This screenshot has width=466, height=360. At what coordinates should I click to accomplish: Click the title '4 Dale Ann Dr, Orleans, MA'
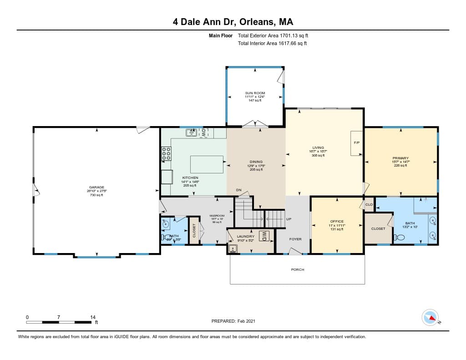pos(233,22)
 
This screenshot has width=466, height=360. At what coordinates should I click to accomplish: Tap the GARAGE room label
pos(96,187)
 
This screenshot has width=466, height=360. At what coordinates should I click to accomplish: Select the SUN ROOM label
pos(255,93)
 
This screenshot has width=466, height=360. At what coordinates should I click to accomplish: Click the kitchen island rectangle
pos(207,164)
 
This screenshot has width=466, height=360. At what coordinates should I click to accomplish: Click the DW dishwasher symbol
pos(204,132)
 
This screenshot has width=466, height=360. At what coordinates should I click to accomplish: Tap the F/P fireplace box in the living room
pos(357,143)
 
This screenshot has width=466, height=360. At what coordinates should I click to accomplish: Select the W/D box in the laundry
pos(264,236)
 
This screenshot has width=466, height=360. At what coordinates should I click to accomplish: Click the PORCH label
pos(298,269)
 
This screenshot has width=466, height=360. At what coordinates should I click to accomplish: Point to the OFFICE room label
pos(337,221)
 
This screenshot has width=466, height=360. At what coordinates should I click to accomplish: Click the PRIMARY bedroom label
pos(400,158)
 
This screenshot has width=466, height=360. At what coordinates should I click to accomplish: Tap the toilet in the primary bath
pos(400,237)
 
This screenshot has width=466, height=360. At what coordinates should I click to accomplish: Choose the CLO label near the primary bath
pos(369,205)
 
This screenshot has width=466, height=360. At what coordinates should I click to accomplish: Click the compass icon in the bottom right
pos(430,317)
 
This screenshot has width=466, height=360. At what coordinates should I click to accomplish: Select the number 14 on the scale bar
pos(93,317)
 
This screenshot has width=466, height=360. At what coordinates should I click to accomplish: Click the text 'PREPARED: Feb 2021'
pos(233,321)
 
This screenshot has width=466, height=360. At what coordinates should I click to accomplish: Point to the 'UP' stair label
pos(289,219)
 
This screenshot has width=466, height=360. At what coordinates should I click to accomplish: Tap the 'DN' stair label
pos(238,190)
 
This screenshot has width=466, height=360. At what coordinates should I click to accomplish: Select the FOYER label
pos(295,238)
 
